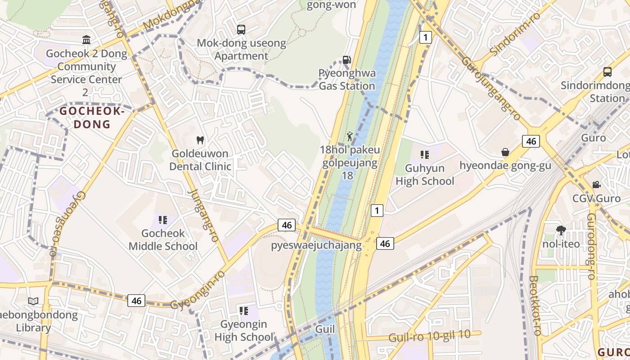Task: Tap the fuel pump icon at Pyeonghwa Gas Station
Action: tap(346, 59)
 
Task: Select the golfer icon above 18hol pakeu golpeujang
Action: tap(350, 136)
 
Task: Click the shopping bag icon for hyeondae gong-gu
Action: tap(505, 152)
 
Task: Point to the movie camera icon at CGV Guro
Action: tap(596, 184)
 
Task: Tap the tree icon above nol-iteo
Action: tap(561, 230)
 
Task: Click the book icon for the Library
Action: tap(33, 301)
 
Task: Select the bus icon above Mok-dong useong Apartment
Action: tap(241, 30)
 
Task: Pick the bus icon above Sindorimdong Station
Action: tap(607, 72)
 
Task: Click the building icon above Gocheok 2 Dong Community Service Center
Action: tap(86, 40)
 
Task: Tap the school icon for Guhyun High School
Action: tap(424, 155)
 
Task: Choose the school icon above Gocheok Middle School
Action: tap(163, 220)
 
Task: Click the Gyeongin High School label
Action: tap(243, 330)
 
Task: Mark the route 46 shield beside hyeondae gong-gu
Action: tap(531, 141)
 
